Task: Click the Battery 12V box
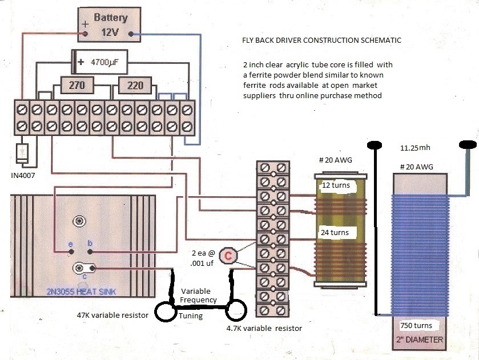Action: coord(110,25)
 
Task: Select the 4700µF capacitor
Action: coord(99,62)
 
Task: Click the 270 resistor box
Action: coord(77,85)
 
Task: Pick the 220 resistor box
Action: coord(135,85)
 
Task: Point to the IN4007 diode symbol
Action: coord(23,153)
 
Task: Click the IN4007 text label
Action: coord(23,176)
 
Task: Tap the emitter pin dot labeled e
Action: coord(71,252)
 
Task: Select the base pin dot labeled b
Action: coord(90,252)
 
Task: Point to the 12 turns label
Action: coord(336,185)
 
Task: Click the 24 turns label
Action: coord(335,232)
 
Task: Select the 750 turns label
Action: coord(416,326)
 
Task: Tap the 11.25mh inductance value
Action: coord(415,148)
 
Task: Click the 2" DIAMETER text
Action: coord(420,339)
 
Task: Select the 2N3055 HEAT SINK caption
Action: coord(81,292)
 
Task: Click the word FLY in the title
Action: coord(248,41)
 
